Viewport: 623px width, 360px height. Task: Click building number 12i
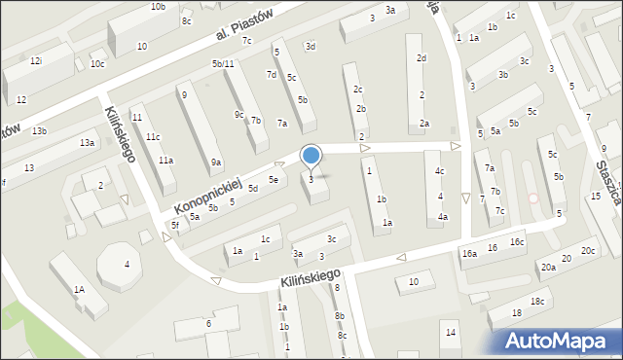(36, 60)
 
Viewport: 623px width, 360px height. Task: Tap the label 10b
(158, 7)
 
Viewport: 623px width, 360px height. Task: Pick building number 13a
(88, 143)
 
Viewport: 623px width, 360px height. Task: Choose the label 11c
(153, 136)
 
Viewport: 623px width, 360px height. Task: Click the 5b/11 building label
(223, 63)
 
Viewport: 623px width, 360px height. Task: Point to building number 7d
(272, 74)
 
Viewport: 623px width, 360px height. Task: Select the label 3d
(310, 46)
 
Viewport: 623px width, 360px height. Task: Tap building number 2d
(421, 57)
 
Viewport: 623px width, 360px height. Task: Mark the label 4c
(440, 171)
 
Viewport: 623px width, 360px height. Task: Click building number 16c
(517, 241)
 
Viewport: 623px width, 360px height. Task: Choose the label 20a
(548, 267)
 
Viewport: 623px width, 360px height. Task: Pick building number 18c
(537, 301)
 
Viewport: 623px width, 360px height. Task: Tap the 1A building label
(79, 289)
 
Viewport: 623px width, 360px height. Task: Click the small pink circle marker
(532, 198)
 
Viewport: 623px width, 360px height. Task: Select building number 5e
(275, 179)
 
